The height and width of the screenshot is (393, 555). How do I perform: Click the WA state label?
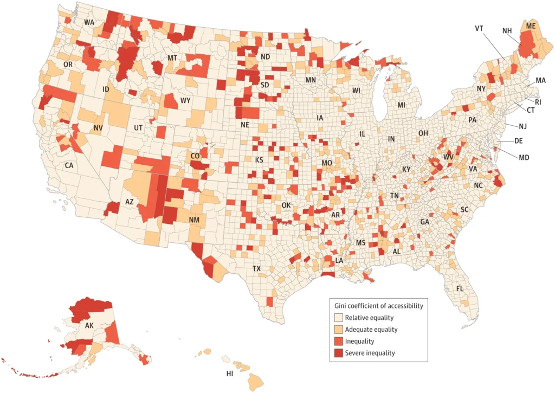tap(89, 22)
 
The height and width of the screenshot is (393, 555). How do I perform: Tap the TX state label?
tap(257, 268)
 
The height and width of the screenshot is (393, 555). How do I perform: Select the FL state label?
tap(460, 288)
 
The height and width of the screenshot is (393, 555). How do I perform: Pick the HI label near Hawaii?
tap(230, 374)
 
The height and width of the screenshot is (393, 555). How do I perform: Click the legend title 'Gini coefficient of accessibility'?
tap(378, 306)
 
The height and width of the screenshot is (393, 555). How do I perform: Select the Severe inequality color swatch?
tap(339, 353)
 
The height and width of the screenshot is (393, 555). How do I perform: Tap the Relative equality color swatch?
tap(339, 318)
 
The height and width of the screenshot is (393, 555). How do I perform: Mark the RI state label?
tap(538, 101)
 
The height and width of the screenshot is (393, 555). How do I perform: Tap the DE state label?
tap(518, 140)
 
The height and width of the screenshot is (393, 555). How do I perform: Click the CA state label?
tap(69, 165)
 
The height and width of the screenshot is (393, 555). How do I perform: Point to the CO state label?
tap(195, 156)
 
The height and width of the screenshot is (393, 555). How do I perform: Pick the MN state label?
tap(311, 80)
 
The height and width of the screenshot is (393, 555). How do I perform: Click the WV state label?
tap(448, 157)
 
